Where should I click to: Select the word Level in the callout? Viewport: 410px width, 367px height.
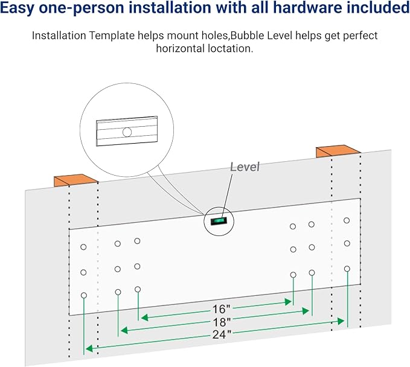point(245,167)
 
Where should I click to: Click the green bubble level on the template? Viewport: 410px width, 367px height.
point(217,221)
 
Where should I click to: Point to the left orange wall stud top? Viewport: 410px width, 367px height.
point(76,180)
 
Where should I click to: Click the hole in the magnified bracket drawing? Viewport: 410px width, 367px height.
point(127,132)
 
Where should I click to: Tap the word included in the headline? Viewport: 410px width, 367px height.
point(378,8)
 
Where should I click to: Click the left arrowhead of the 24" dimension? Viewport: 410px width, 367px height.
point(88,348)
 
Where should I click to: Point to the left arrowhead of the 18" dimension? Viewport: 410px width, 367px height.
point(123,330)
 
